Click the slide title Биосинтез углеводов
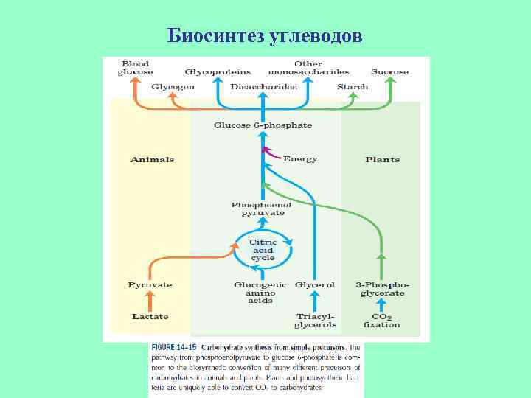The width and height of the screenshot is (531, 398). point(265,35)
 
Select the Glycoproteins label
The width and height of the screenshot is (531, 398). point(218,72)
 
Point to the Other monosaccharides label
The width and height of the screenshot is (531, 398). point(308,68)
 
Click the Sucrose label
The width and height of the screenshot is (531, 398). point(389,72)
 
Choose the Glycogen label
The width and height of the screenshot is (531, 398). point(173,87)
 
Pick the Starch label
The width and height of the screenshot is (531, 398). point(353,87)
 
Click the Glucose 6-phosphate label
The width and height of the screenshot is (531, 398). point(263,125)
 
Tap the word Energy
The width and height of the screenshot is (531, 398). point(300,159)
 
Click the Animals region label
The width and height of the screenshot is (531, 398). point(152,159)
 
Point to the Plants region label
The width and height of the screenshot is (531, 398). point(382,159)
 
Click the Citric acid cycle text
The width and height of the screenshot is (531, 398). point(263,250)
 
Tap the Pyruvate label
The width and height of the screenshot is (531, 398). point(150,284)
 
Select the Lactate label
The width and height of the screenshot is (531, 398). point(150,316)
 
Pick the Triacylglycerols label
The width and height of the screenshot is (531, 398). point(315,320)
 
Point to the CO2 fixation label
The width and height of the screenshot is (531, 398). point(381,320)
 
